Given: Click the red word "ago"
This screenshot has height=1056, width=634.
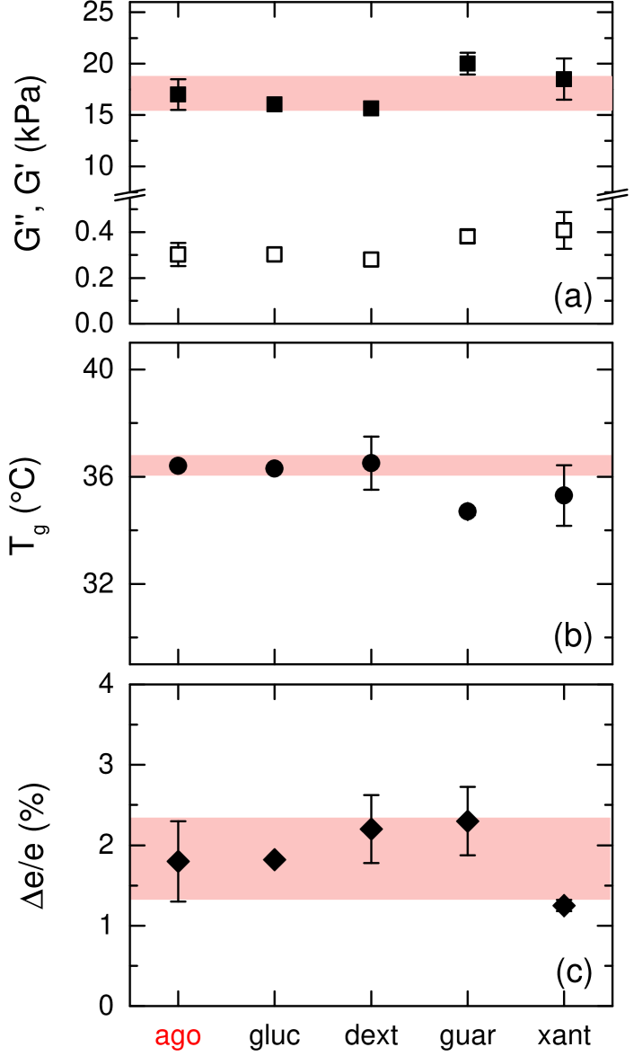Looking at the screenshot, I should point(178,1036).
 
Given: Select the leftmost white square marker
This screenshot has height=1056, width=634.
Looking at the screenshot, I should point(178,254).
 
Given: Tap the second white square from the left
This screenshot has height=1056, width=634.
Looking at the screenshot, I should point(274,254).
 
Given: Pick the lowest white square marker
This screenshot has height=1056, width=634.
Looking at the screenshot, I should point(371,260).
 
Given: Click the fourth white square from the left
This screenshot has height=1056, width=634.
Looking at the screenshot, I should point(467,236).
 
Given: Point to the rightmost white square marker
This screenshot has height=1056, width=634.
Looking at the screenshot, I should point(564,230).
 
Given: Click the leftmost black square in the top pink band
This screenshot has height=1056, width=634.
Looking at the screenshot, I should point(178,94).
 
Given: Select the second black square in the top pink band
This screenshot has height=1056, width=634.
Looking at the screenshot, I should point(274,104).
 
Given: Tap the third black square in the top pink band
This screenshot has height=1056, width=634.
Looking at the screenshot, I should point(371,107).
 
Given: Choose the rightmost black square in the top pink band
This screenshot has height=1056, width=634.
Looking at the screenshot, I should point(564,80).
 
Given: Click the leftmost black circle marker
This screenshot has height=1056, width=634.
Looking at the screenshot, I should point(178,466).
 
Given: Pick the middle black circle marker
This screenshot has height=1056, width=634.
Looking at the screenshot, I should point(274,468).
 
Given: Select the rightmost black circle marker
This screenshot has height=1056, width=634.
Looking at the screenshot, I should point(371,463).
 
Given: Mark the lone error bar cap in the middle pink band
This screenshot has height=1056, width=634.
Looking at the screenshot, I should point(564,466).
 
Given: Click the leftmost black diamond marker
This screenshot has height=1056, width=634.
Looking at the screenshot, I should point(178,861).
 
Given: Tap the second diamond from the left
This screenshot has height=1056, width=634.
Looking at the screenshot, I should point(274,859).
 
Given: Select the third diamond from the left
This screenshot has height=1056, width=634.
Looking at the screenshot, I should point(371,829).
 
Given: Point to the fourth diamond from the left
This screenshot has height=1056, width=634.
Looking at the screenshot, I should point(467,821).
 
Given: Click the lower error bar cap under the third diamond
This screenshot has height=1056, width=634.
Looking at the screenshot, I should point(371,863).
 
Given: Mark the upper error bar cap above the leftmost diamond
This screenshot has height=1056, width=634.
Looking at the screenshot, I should point(178,821).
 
